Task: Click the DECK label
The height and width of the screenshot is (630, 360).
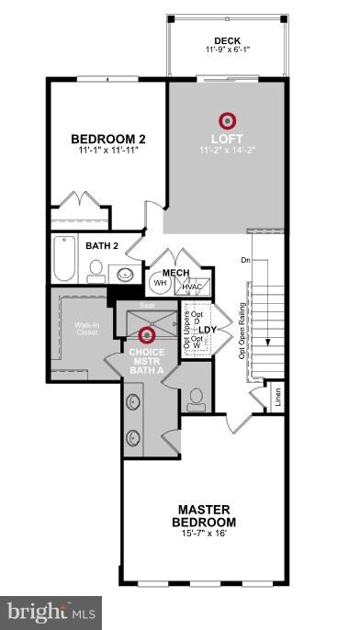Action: (x=226, y=40)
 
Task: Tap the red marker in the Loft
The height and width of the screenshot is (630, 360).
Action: (x=226, y=120)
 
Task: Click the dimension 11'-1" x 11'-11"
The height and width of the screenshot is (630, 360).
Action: (x=108, y=152)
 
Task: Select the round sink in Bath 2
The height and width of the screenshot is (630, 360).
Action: (x=124, y=273)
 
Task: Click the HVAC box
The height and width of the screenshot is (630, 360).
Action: (x=191, y=287)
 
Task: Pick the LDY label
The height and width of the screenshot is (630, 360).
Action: (x=208, y=328)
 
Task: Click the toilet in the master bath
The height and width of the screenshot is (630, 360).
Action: (x=195, y=397)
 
